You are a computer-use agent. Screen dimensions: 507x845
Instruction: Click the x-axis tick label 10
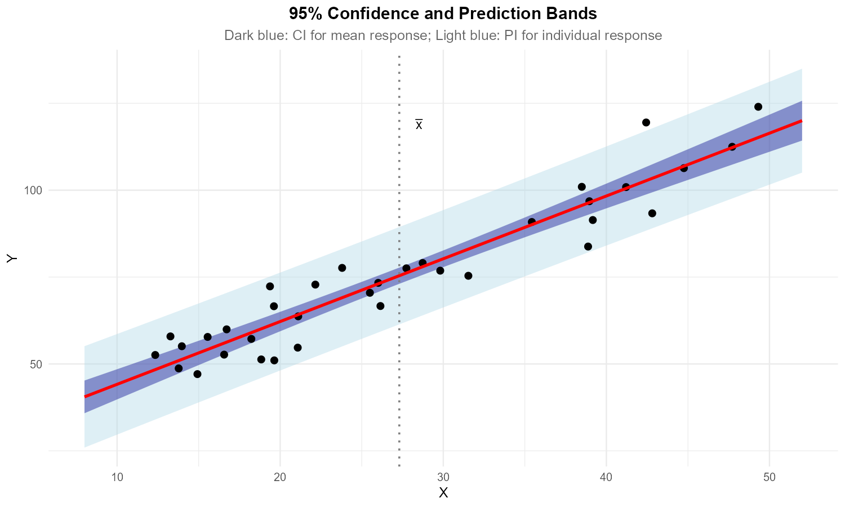click(117, 478)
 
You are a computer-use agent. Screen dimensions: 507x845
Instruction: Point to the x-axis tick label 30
click(443, 478)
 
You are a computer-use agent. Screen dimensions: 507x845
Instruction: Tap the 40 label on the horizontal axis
click(606, 478)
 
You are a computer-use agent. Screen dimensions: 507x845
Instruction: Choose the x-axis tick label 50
click(770, 478)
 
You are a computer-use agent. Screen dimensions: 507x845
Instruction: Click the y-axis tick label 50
click(35, 364)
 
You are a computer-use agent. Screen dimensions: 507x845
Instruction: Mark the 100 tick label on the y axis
click(33, 190)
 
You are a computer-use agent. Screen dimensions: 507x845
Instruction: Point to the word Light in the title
click(451, 35)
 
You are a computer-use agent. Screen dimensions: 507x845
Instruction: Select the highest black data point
click(758, 107)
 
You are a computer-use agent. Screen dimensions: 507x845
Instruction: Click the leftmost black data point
click(155, 355)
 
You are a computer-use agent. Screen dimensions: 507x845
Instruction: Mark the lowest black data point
click(197, 374)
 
